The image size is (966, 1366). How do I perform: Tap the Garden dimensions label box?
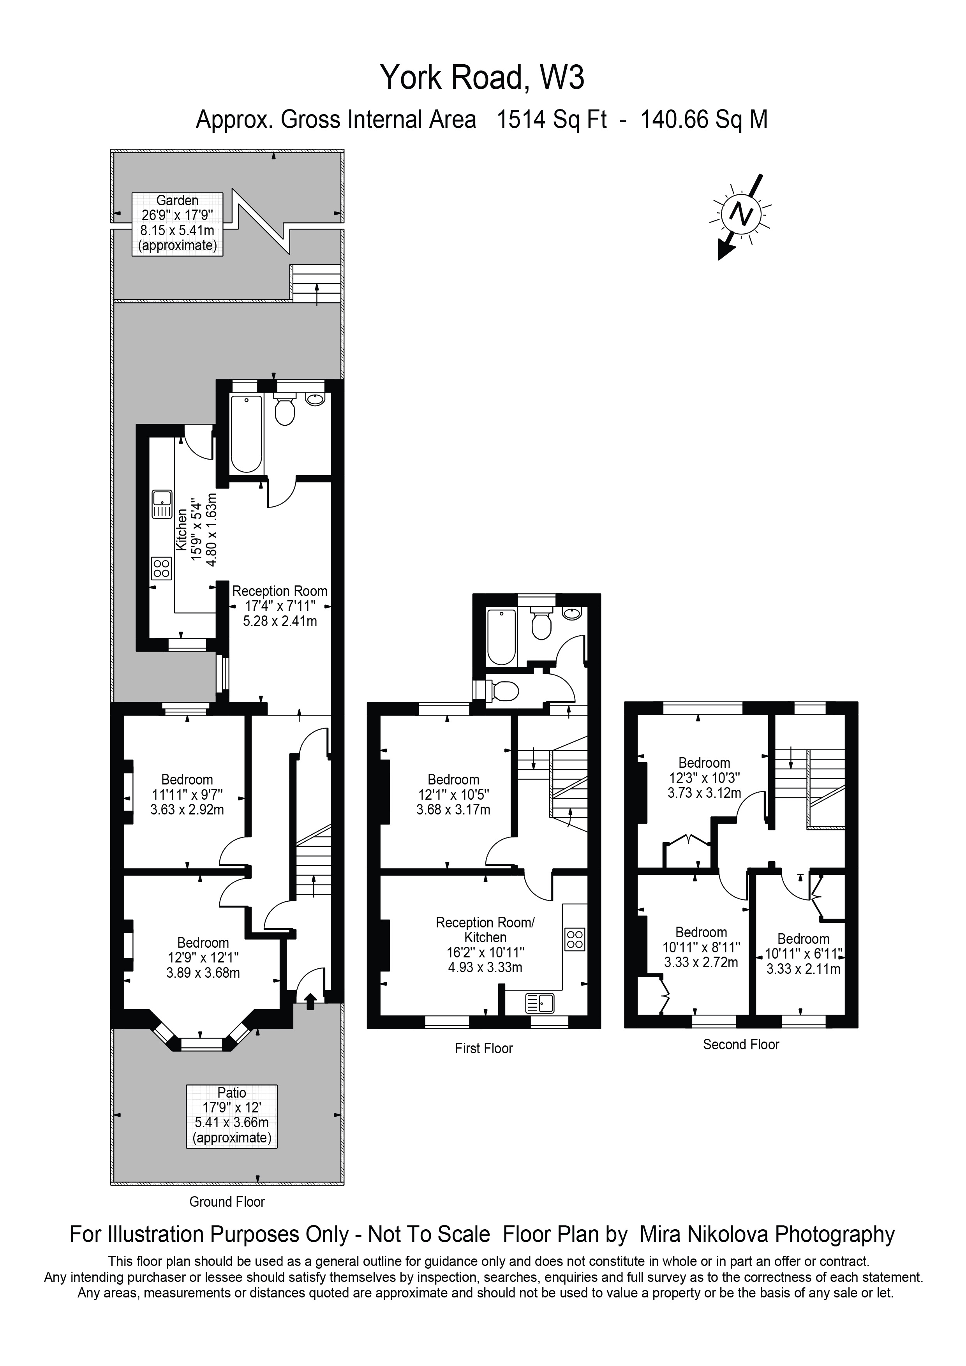177,224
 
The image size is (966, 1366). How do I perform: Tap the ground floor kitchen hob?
162,568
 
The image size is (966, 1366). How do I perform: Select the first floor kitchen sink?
540,1004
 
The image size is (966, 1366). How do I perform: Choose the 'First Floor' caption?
484,1048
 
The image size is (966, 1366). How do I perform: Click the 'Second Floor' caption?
740,1044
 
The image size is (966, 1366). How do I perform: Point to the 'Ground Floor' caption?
227,1201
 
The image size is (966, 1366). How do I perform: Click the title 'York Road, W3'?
482,78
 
